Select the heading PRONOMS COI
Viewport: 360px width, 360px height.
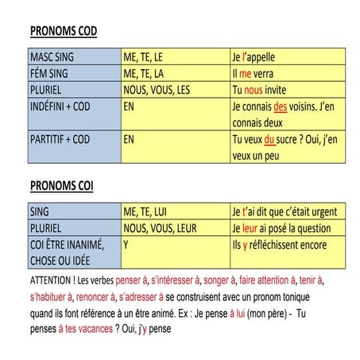tap(68, 186)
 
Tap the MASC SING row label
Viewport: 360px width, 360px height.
tap(54, 58)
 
